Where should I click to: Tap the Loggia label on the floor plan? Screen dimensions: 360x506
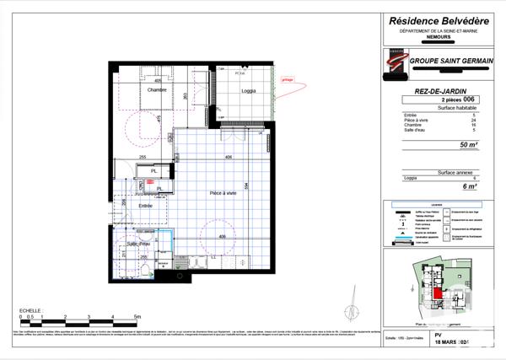click(x=248, y=90)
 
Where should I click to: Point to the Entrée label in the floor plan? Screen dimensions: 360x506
click(x=146, y=206)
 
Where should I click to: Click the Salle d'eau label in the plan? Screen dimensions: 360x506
click(x=139, y=244)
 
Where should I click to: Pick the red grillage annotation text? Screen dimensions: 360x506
click(x=287, y=81)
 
